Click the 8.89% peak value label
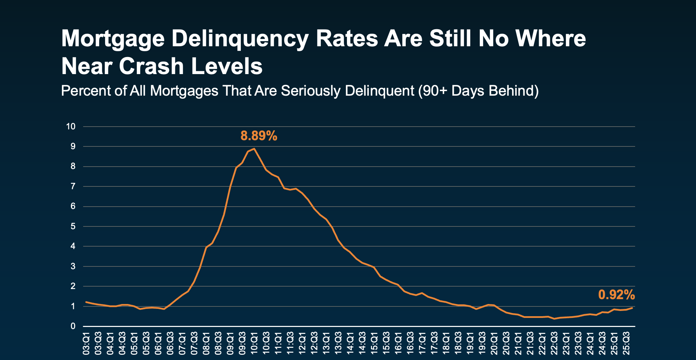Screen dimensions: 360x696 click(x=259, y=136)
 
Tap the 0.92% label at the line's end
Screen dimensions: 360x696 click(x=616, y=295)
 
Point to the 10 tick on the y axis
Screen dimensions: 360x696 click(x=71, y=127)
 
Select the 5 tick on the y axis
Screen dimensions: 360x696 click(x=73, y=226)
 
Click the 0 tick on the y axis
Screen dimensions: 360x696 click(x=73, y=326)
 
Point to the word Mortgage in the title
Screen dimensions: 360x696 click(x=113, y=39)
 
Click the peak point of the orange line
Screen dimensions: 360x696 click(x=254, y=149)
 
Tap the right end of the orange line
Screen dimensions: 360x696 click(x=632, y=308)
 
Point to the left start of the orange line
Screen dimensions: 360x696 click(x=86, y=302)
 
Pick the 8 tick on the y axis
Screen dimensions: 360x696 click(x=73, y=167)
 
